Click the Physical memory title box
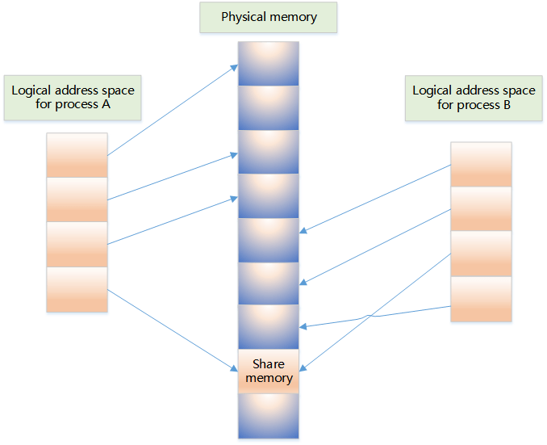point(269,17)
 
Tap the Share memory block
point(269,372)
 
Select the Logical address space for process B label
point(474,98)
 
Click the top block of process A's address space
point(77,155)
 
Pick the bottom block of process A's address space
point(77,289)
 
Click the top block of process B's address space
point(480,164)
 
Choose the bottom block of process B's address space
point(480,299)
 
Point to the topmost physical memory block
point(269,64)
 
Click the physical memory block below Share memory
point(269,415)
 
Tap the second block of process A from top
point(77,199)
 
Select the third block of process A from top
point(77,244)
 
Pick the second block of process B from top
point(480,209)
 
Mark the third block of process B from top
point(480,254)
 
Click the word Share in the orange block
point(269,364)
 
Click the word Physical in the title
point(245,17)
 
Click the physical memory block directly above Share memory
point(269,327)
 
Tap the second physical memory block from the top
point(269,107)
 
